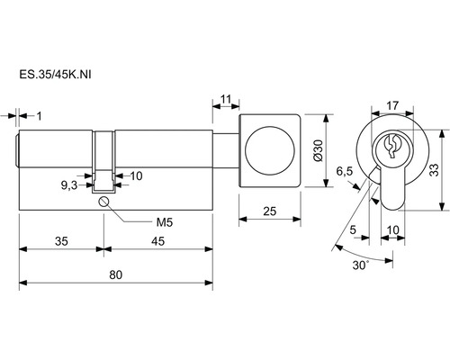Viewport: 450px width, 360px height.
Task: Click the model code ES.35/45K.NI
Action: (x=55, y=75)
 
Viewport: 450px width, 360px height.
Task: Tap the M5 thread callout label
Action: (x=165, y=222)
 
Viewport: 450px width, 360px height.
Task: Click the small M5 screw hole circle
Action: (x=103, y=202)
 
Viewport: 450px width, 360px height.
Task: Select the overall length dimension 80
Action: (x=116, y=274)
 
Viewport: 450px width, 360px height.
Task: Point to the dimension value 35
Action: (x=61, y=241)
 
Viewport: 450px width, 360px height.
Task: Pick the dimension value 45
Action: (x=157, y=241)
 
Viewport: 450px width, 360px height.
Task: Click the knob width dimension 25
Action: (x=269, y=211)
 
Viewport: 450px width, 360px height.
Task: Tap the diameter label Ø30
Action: (x=319, y=150)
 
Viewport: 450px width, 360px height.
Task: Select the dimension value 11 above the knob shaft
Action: (x=226, y=99)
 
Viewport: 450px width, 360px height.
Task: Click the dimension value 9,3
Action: (x=69, y=185)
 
